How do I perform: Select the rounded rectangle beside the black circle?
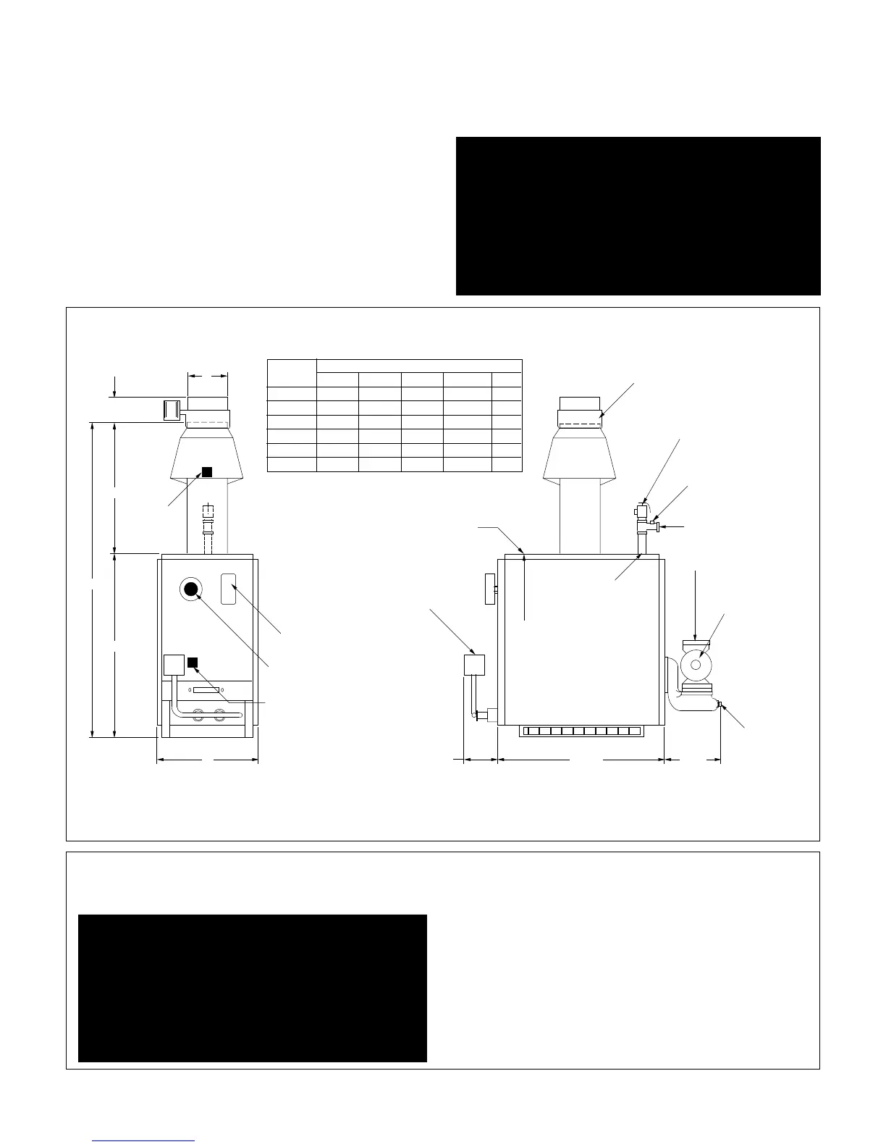click(x=228, y=589)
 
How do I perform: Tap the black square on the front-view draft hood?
click(x=206, y=472)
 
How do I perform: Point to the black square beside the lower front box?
click(x=193, y=663)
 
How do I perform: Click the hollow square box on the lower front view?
click(x=174, y=665)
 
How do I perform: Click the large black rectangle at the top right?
click(x=638, y=216)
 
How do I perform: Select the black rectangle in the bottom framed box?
click(x=252, y=988)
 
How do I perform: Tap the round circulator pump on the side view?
click(x=696, y=665)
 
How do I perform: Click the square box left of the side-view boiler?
click(x=473, y=664)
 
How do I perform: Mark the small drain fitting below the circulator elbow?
click(x=720, y=705)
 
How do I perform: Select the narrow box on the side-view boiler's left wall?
click(x=490, y=588)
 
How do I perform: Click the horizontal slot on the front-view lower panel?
click(x=206, y=690)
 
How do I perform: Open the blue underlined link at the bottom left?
click(x=143, y=1140)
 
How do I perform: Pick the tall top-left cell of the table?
click(x=292, y=372)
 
